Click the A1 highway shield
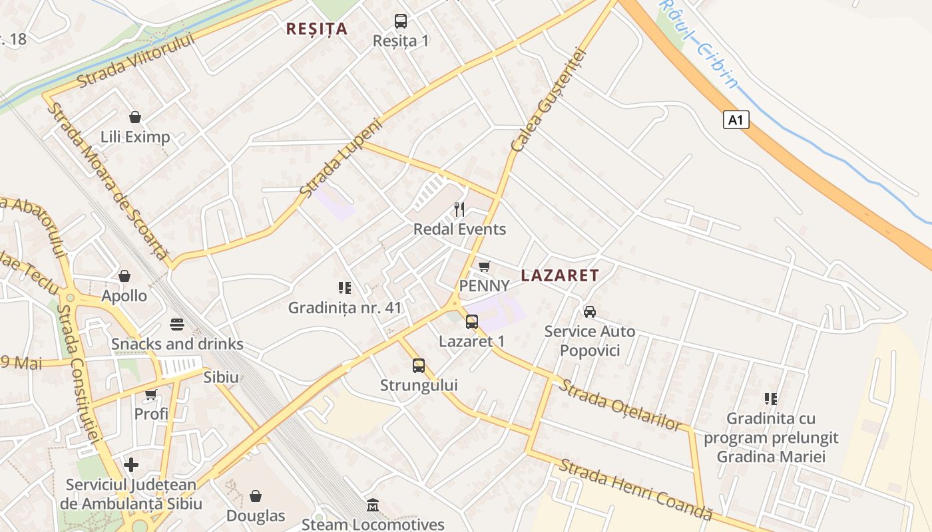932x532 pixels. (736, 120)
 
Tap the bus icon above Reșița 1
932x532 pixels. (400, 21)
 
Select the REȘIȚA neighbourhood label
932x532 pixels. (317, 29)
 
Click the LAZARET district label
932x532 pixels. (560, 275)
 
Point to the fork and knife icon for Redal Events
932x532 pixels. (459, 209)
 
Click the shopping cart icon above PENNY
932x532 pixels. (485, 266)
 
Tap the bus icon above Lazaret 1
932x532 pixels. (471, 322)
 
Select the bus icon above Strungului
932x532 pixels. (418, 365)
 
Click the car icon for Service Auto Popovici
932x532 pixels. (589, 311)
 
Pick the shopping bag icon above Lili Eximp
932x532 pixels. (135, 117)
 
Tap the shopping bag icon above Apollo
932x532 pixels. (124, 275)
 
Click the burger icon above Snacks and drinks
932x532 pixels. (176, 325)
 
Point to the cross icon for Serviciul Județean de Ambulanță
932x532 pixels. (131, 464)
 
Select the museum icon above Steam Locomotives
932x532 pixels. (373, 505)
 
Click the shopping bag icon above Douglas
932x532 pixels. (255, 496)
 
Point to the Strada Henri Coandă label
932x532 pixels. (635, 489)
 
